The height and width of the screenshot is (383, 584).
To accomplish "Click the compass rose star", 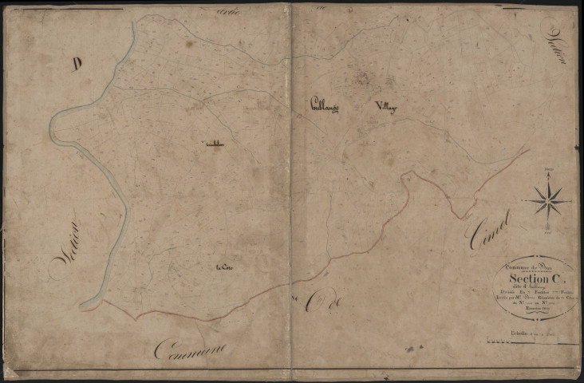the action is click(x=548, y=200).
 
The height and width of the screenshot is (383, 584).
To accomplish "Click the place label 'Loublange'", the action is click(x=325, y=105).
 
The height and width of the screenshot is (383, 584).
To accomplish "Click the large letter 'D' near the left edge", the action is click(x=77, y=65).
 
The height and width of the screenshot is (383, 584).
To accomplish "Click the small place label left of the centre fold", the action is click(x=213, y=144).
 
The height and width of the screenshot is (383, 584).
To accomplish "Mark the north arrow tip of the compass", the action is click(x=548, y=173).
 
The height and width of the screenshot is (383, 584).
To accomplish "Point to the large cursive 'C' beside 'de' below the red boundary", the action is click(x=308, y=303).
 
